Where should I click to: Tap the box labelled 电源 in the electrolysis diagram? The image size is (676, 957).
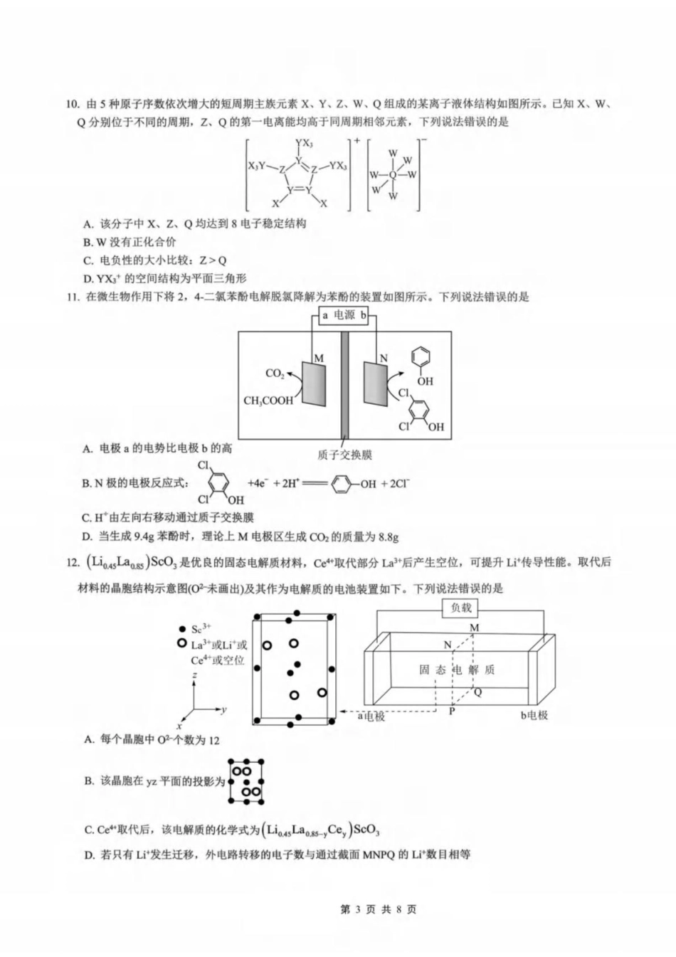(x=344, y=314)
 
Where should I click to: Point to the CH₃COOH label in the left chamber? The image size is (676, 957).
(x=268, y=401)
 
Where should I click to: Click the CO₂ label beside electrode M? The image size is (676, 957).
(x=275, y=373)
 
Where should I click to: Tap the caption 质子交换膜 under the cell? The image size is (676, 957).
(x=344, y=455)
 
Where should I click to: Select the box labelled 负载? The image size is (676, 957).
(x=460, y=608)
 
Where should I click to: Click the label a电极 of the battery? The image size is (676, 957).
(x=371, y=716)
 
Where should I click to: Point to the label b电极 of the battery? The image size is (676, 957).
(x=534, y=714)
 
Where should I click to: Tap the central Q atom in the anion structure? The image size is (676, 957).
(x=393, y=174)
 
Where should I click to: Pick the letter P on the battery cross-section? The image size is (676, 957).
(x=452, y=710)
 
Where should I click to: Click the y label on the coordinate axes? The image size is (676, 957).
(x=224, y=709)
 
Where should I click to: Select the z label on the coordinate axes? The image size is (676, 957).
(x=195, y=681)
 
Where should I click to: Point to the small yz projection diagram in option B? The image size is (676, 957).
(x=245, y=781)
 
